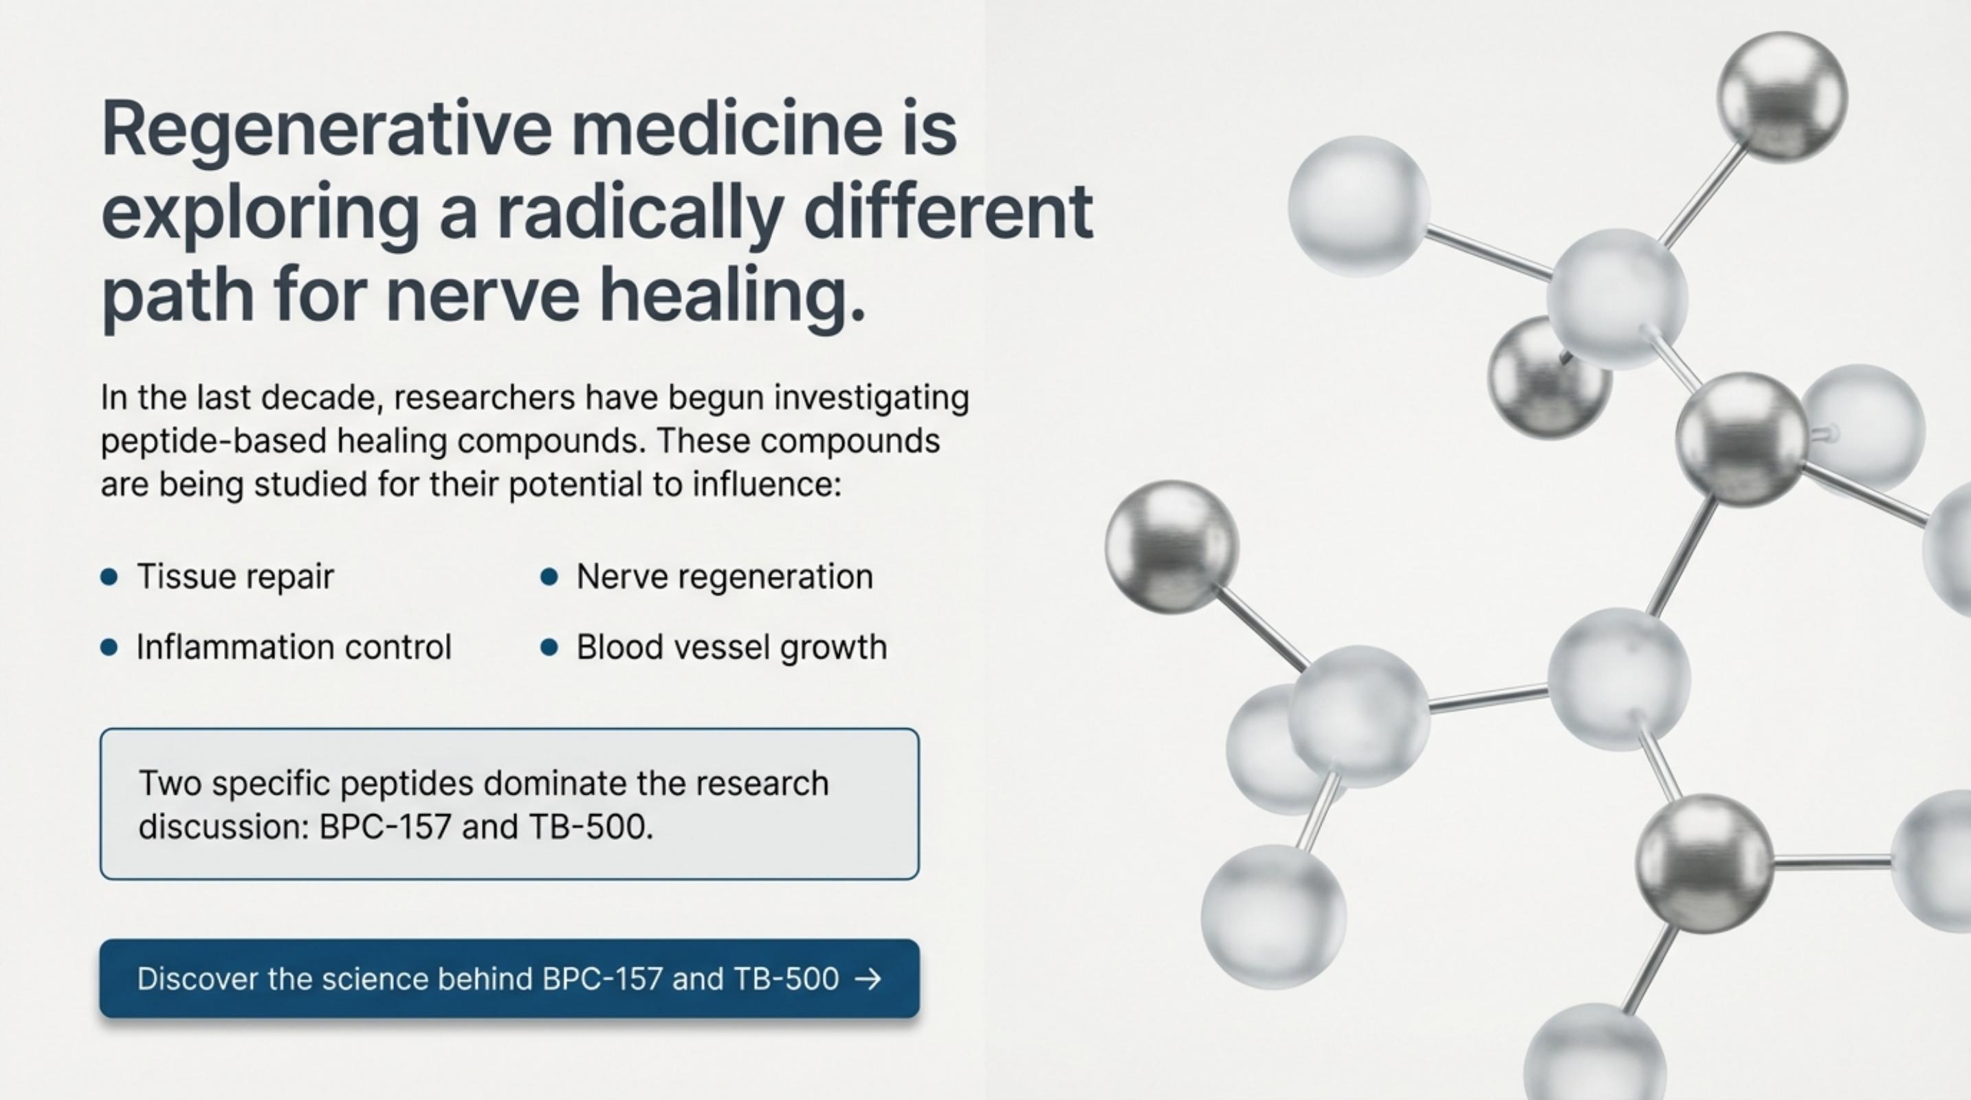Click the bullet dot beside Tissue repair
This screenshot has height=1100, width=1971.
(x=109, y=577)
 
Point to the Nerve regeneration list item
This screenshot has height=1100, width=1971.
(x=724, y=577)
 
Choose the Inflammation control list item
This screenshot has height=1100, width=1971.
(x=294, y=647)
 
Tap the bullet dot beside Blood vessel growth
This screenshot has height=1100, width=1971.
(x=549, y=648)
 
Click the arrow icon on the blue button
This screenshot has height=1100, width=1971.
(x=868, y=979)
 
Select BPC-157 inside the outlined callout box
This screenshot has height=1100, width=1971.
(x=384, y=827)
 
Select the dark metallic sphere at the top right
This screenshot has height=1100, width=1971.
(x=1782, y=97)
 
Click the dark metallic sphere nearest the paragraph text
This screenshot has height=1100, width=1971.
(x=1171, y=546)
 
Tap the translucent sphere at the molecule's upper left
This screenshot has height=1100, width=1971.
(x=1360, y=206)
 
